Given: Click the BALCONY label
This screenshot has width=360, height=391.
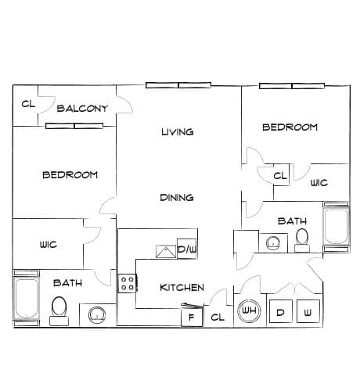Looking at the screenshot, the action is (82, 109).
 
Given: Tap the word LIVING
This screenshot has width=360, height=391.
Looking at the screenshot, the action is (178, 132).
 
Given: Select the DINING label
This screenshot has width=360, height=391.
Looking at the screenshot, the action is (177, 198).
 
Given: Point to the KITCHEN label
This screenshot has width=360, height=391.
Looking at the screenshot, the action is (182, 288).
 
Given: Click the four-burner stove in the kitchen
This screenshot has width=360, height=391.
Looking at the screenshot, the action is (127, 283).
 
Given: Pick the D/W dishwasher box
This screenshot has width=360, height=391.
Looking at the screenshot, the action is (187, 249).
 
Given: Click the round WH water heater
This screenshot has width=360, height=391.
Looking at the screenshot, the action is (249, 310).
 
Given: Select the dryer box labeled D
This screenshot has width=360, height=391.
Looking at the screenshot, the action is (281, 312).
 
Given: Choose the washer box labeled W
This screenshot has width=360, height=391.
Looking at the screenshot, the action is (308, 312).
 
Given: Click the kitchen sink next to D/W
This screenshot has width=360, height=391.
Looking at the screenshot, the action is (166, 252).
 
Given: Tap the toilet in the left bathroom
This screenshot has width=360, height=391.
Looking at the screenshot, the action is (59, 311).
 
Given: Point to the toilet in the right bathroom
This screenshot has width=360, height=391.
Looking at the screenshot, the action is (302, 241).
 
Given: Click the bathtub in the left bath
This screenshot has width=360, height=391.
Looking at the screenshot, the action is (27, 299).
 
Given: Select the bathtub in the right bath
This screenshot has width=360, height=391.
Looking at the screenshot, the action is (337, 226).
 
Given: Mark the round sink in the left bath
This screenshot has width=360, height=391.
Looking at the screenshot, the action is (97, 315).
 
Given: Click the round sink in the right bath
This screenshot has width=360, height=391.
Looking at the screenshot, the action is (273, 243).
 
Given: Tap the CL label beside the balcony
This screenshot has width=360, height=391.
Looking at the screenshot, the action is (28, 104).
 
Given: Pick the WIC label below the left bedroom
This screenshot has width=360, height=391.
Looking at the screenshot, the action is (49, 245).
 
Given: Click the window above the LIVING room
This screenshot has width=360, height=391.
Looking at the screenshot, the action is (178, 85).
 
